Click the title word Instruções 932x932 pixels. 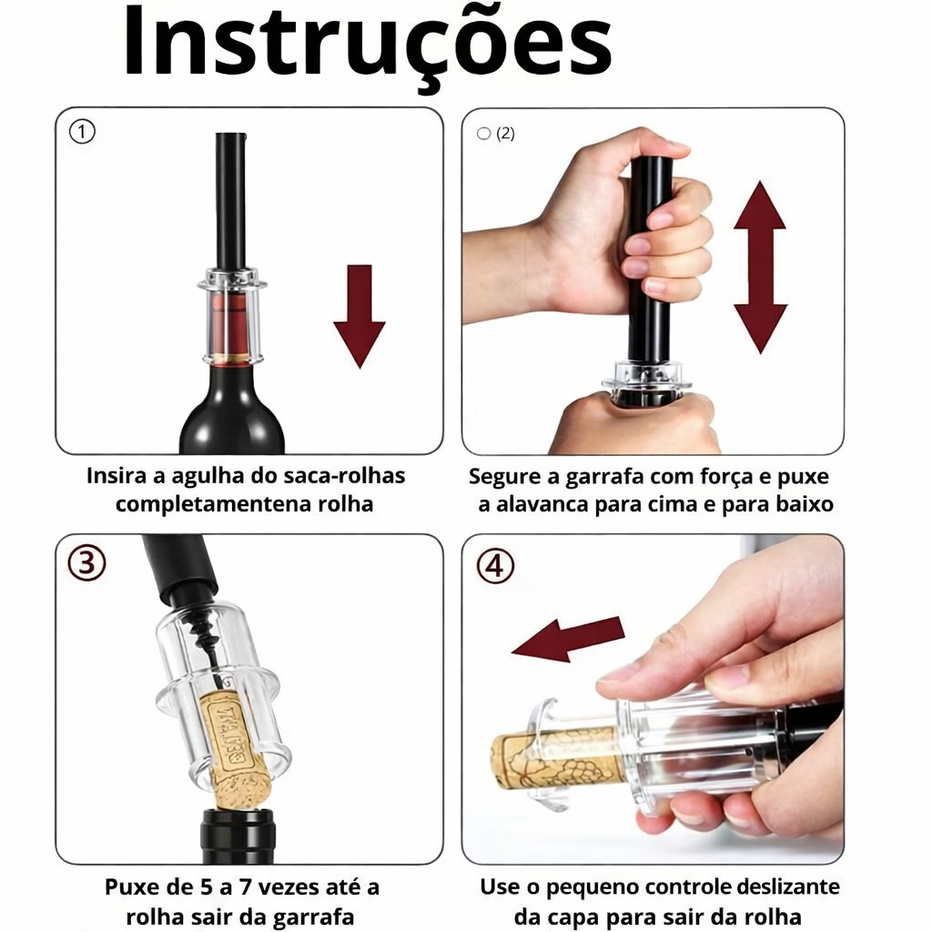367,47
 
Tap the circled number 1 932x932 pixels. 82,131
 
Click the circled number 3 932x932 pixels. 86,562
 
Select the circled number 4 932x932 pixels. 495,566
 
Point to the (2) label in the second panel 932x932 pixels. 505,133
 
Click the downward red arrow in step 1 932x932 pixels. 359,316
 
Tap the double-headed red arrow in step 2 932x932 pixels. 760,268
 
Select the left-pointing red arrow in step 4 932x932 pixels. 568,639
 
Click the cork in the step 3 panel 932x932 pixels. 234,749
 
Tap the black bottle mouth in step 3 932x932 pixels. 238,836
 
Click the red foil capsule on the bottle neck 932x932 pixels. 230,326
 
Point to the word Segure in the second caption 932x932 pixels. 505,477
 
